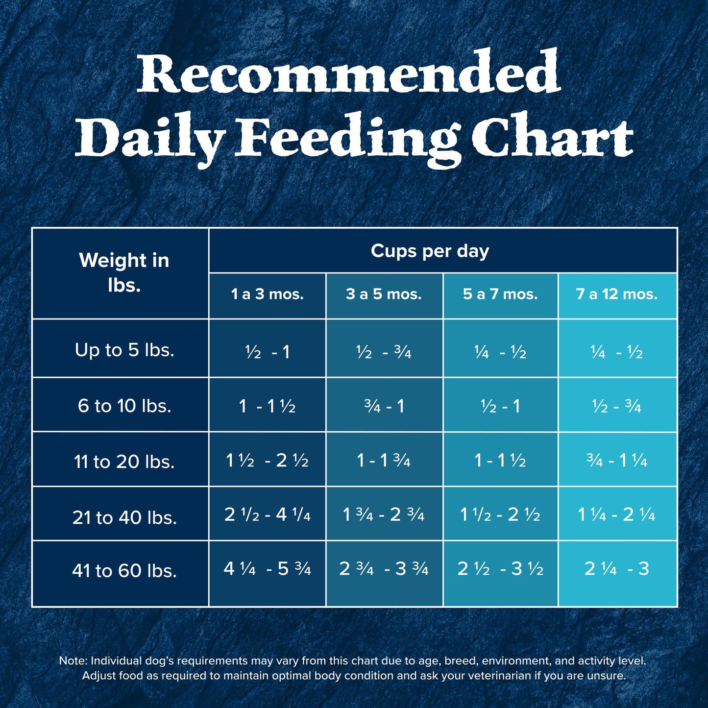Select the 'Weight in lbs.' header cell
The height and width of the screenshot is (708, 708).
pyautogui.click(x=124, y=272)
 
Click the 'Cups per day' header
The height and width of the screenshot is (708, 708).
pyautogui.click(x=430, y=251)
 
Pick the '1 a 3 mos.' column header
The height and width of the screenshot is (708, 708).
pyautogui.click(x=268, y=294)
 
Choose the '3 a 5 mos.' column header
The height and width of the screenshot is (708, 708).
pyautogui.click(x=384, y=294)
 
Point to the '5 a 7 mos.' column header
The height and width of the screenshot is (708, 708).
pyautogui.click(x=500, y=294)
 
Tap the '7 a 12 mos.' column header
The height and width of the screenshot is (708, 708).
pyautogui.click(x=617, y=294)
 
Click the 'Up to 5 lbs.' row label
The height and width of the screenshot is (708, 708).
pyautogui.click(x=124, y=350)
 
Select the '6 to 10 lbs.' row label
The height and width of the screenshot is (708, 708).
pyautogui.click(x=124, y=406)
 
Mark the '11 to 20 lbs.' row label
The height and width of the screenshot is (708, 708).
pyautogui.click(x=124, y=462)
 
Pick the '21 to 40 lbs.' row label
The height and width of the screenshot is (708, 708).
pyautogui.click(x=124, y=517)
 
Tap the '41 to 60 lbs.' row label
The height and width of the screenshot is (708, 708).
pyautogui.click(x=124, y=571)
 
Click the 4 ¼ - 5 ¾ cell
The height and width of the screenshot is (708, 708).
pyautogui.click(x=268, y=569)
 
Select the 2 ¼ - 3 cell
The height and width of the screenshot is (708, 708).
pyautogui.click(x=617, y=569)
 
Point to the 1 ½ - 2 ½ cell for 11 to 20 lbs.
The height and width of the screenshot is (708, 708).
pyautogui.click(x=268, y=461)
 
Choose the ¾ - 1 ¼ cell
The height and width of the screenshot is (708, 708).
pyautogui.click(x=617, y=461)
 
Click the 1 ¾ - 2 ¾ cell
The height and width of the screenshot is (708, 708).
pyautogui.click(x=384, y=514)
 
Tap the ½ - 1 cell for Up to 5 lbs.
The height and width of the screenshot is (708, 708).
pyautogui.click(x=268, y=352)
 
